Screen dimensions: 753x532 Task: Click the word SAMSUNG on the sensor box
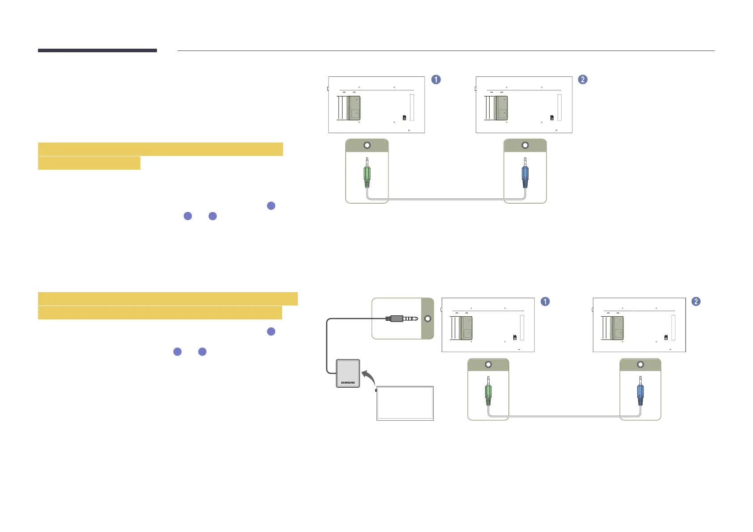click(x=348, y=383)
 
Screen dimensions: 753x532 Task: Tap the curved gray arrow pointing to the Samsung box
click(x=368, y=377)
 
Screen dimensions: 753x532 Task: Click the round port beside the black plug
click(x=427, y=318)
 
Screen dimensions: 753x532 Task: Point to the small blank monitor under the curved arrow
click(x=405, y=403)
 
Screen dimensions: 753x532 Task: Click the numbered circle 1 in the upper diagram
click(x=436, y=80)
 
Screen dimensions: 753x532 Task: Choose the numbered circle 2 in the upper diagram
click(x=583, y=80)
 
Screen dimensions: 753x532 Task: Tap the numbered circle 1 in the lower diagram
click(x=545, y=302)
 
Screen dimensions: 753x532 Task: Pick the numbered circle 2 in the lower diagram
click(x=696, y=302)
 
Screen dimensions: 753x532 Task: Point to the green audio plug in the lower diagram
click(x=488, y=394)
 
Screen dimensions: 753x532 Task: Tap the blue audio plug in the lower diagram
click(x=640, y=394)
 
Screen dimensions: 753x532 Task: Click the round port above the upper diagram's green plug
click(x=367, y=146)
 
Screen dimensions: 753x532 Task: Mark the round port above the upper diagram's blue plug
click(x=525, y=146)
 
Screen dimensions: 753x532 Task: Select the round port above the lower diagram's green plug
click(x=488, y=364)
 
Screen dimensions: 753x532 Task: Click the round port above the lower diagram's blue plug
click(x=640, y=364)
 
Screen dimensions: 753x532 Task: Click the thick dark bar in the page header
click(x=97, y=50)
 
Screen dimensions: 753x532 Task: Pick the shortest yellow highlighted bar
click(x=89, y=163)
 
